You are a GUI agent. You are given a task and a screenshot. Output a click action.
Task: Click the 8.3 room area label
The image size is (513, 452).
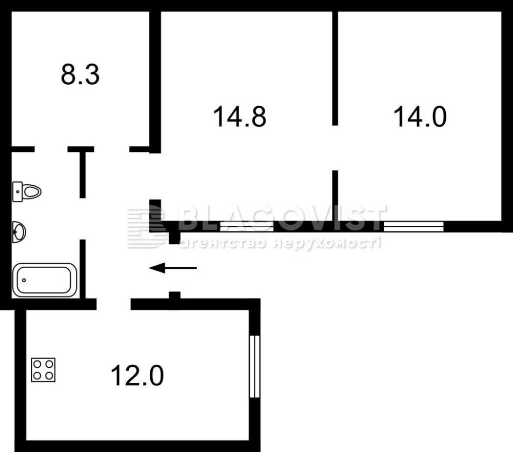pyautogui.click(x=80, y=75)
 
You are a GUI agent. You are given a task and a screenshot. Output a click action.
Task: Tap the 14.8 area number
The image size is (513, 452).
pyautogui.click(x=240, y=116)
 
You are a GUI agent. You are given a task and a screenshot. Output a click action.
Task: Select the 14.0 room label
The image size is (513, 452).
pyautogui.click(x=420, y=116)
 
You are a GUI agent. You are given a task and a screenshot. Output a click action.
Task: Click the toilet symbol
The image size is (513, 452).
pyautogui.click(x=27, y=191)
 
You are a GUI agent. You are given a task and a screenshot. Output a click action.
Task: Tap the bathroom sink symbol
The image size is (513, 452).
pyautogui.click(x=19, y=232)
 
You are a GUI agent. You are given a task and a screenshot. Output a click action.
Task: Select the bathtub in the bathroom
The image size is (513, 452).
pyautogui.click(x=45, y=280)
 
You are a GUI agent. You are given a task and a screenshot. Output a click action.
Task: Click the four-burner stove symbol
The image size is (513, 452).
pyautogui.click(x=43, y=370)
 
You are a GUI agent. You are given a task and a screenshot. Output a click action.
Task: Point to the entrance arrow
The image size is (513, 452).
pyautogui.click(x=173, y=268)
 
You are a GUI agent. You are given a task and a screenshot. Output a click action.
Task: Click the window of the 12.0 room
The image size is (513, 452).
pyautogui.click(x=254, y=366)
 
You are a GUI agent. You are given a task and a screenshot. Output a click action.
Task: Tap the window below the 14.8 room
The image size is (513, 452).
pyautogui.click(x=247, y=226)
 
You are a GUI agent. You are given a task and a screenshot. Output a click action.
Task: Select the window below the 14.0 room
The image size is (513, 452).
pyautogui.click(x=413, y=226)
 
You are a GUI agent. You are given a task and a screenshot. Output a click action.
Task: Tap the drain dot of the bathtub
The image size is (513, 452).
pyautogui.click(x=24, y=280)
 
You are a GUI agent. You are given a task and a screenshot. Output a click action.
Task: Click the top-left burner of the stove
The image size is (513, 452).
pyautogui.click(x=37, y=364)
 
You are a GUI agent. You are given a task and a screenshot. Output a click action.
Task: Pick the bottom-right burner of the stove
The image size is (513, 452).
pyautogui.click(x=49, y=376)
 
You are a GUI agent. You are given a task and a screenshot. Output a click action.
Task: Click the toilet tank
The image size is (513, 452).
pyautogui.click(x=17, y=192)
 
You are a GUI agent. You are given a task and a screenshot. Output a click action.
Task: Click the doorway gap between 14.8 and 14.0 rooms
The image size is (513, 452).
pyautogui.click(x=335, y=148)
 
